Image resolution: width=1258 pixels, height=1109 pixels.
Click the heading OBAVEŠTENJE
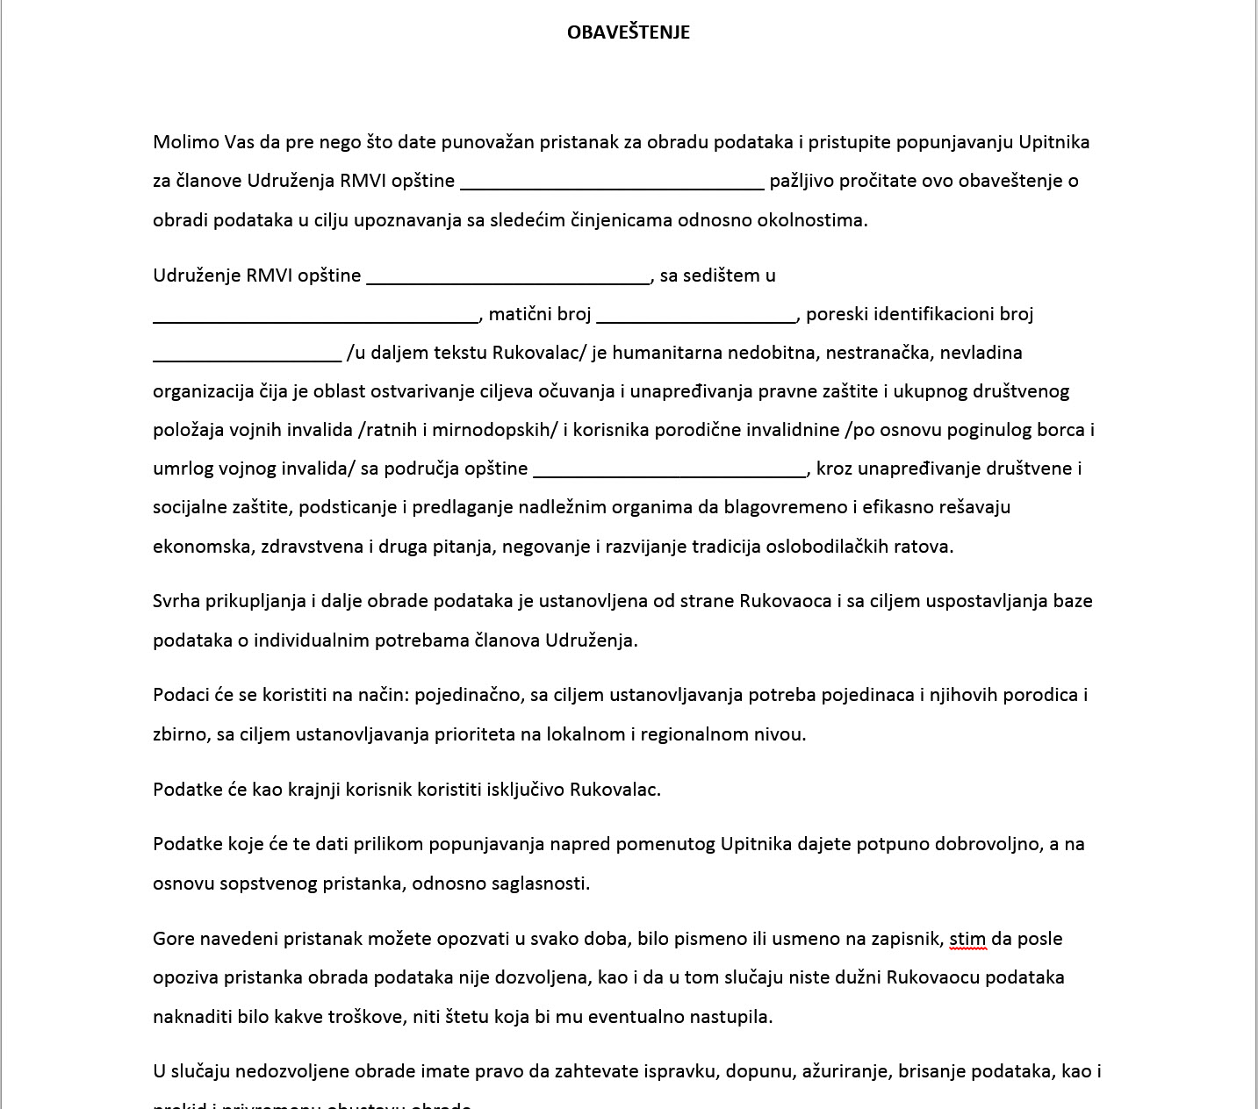point(628,32)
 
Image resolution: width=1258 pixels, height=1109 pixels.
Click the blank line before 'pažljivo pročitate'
point(612,183)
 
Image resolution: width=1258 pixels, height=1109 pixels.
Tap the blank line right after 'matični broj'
point(695,317)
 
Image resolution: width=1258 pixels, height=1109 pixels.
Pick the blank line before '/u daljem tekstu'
point(247,355)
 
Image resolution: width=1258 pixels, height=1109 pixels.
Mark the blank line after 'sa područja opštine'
point(670,471)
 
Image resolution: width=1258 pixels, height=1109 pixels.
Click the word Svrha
point(176,601)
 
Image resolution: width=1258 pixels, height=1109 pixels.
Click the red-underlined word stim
point(967,939)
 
